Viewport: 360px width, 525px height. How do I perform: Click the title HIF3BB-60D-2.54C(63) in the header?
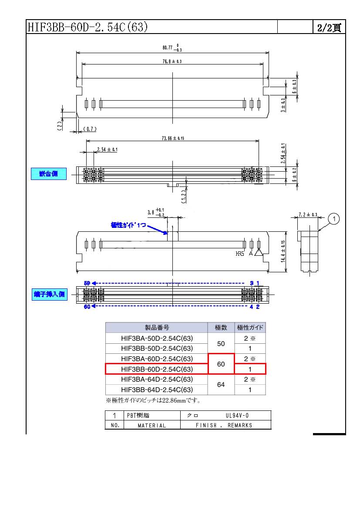pos(87,27)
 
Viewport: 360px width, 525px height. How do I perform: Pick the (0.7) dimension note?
pos(89,129)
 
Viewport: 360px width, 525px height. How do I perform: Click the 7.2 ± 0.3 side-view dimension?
pos(308,214)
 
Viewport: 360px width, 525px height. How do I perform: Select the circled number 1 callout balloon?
pos(334,218)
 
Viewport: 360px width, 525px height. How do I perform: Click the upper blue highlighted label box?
pos(49,174)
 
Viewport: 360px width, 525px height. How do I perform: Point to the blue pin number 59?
pos(87,283)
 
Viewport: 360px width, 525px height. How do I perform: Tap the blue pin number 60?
pos(87,307)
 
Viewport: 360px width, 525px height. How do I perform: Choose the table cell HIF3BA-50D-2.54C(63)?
pos(157,338)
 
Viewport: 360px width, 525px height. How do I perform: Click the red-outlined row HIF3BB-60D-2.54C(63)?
pos(157,369)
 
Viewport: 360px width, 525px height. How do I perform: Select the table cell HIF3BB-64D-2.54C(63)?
pos(157,390)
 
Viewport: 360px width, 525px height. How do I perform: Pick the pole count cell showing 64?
pos(221,385)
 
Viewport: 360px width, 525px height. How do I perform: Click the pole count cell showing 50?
pos(221,343)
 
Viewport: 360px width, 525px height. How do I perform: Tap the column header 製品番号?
pos(157,328)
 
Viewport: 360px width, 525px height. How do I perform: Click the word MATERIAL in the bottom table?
pos(152,425)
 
